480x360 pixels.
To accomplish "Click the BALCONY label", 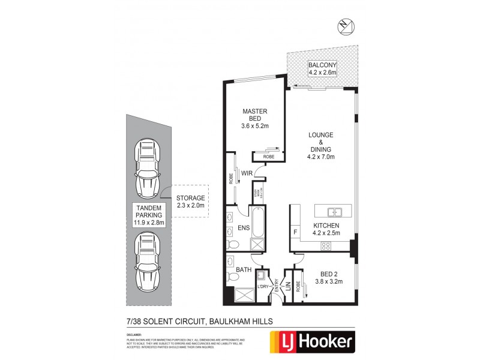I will point(322,65).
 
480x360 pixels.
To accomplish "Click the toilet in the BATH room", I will point(233,277).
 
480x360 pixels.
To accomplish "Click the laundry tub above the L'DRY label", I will point(262,276).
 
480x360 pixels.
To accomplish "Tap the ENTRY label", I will point(277,286).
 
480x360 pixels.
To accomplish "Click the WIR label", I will point(246,174).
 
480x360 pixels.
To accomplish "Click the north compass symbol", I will point(344,25).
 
